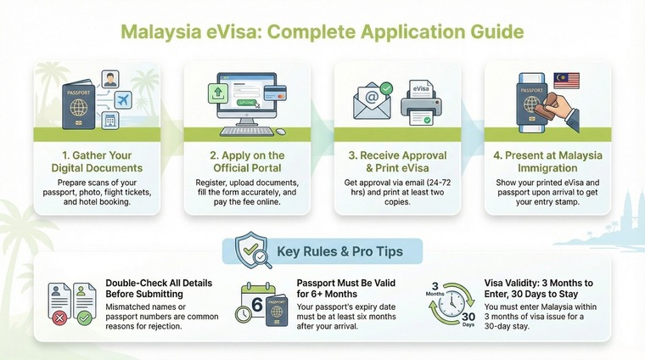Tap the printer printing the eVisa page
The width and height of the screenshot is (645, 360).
pos(421,110)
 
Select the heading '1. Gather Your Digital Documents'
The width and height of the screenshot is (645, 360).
pos(96,161)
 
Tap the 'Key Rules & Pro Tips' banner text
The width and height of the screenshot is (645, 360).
pos(340,252)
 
